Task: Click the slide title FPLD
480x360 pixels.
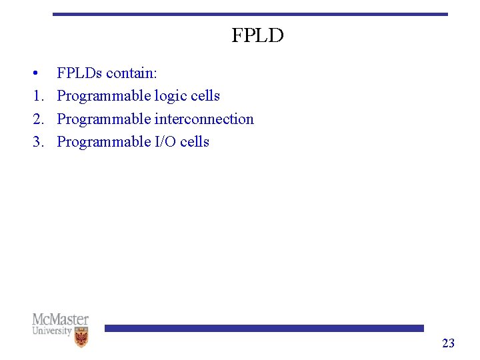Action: pos(257,35)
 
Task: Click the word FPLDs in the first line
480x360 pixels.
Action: pos(79,73)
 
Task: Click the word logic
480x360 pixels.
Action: pos(171,97)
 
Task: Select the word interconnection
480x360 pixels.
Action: pos(204,119)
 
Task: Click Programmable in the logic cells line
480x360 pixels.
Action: pos(104,97)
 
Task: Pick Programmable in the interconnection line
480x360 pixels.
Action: pos(104,119)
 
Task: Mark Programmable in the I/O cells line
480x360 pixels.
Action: pos(104,142)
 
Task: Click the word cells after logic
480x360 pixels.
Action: pos(205,96)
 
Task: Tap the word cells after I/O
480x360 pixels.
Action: pos(195,142)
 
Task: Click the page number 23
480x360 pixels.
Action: pos(448,343)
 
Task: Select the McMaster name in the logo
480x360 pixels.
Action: pos(60,320)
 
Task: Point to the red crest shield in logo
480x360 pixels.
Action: pos(82,337)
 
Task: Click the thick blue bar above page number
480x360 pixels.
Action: pos(264,328)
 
